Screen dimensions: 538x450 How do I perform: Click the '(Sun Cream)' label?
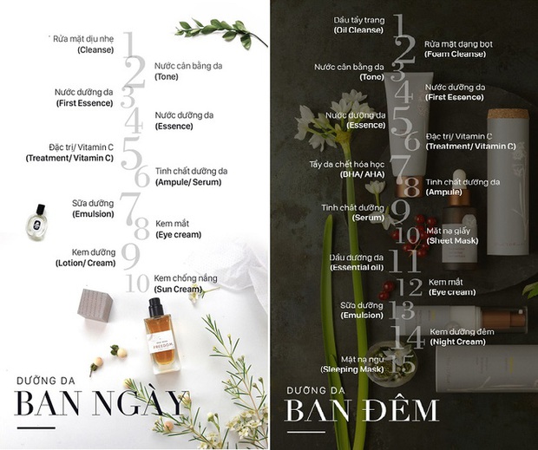(x=178, y=290)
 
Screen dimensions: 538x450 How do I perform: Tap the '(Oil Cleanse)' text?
(x=358, y=30)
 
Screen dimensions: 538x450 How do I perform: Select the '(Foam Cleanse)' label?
(x=455, y=54)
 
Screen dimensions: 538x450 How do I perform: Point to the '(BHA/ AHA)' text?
(x=362, y=174)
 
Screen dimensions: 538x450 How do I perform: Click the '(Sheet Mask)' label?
(x=452, y=240)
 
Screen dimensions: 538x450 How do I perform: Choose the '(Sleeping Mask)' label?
(x=352, y=369)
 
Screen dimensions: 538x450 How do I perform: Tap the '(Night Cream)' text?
(x=457, y=342)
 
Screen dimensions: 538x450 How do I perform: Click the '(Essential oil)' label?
(x=357, y=267)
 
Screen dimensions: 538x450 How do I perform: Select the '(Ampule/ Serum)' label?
(x=188, y=182)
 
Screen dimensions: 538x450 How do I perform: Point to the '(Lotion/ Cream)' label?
(x=85, y=264)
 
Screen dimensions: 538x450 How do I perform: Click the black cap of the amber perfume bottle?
(x=155, y=307)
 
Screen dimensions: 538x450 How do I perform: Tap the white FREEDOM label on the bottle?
(x=161, y=342)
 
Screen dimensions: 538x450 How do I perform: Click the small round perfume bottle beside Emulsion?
(x=36, y=222)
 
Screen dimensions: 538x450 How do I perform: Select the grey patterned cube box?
(x=95, y=305)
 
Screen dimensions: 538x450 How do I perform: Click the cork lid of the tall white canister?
(x=508, y=114)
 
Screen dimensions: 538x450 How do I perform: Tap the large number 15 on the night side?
(x=402, y=363)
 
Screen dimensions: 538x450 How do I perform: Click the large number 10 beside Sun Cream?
(x=137, y=283)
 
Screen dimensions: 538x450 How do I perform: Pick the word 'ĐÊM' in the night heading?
(x=401, y=410)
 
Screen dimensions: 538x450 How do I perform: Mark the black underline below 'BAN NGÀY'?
(x=36, y=427)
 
